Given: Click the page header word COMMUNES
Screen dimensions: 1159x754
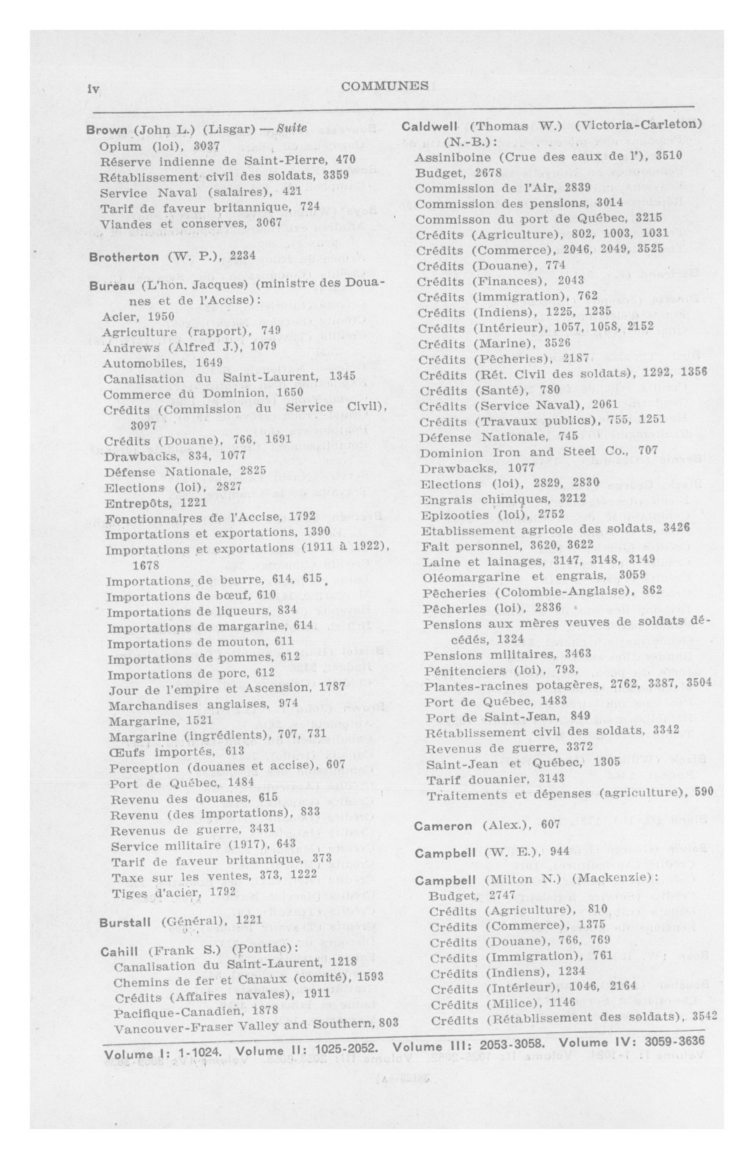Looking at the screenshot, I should pyautogui.click(x=385, y=86).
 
